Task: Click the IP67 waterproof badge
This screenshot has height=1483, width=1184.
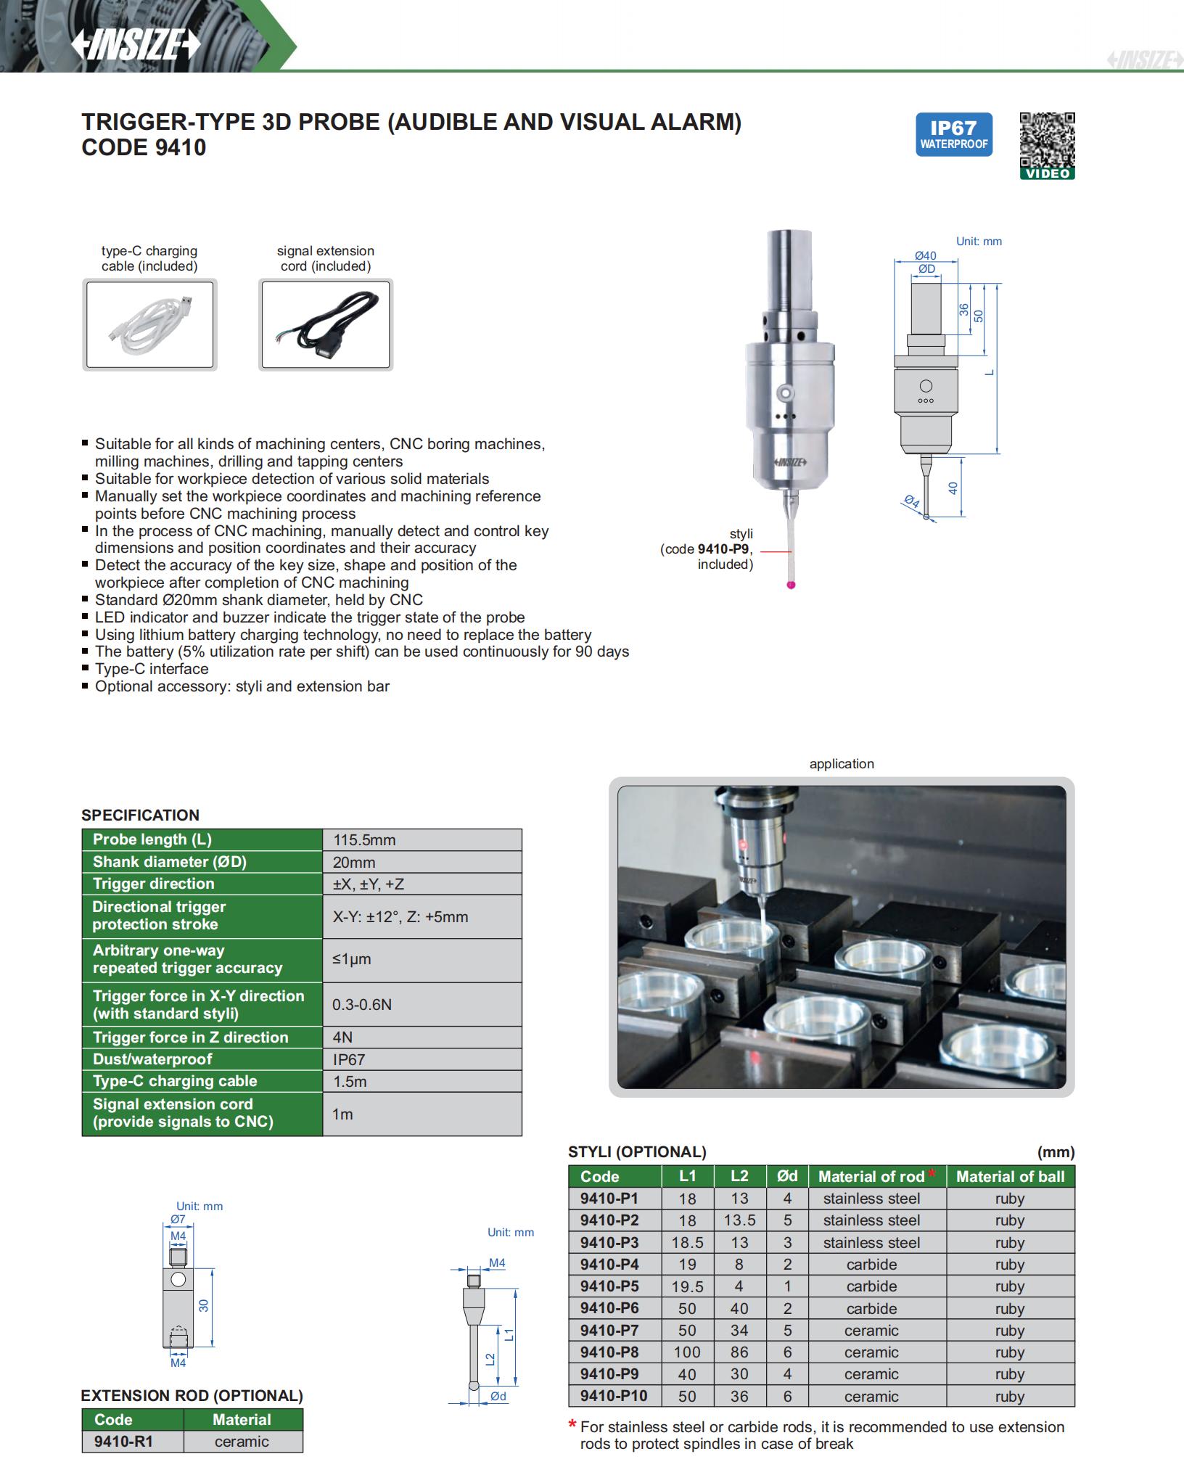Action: tap(953, 134)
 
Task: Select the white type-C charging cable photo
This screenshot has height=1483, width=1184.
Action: tap(149, 324)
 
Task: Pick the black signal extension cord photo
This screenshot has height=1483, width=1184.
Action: tap(325, 324)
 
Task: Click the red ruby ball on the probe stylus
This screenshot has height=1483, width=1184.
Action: tap(792, 585)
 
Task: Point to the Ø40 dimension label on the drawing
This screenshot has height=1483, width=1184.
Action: tap(925, 255)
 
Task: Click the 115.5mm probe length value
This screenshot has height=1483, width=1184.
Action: tap(364, 840)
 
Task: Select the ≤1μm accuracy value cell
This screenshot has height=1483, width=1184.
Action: tap(352, 959)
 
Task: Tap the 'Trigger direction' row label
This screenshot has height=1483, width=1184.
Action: tap(154, 884)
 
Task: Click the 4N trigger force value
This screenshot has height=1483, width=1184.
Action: tap(342, 1038)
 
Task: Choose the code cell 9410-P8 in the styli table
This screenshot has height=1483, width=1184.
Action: tap(609, 1352)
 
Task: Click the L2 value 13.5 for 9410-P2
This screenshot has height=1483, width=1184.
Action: tap(739, 1220)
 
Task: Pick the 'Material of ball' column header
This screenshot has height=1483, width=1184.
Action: tap(1010, 1176)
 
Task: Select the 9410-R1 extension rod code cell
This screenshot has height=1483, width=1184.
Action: tap(123, 1442)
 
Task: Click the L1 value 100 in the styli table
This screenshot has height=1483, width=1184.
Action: tap(687, 1352)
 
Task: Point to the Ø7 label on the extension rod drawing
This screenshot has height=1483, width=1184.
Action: tap(178, 1219)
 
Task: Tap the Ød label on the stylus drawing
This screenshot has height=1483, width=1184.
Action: tap(498, 1396)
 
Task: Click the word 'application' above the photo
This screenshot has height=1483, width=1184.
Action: tap(842, 764)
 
